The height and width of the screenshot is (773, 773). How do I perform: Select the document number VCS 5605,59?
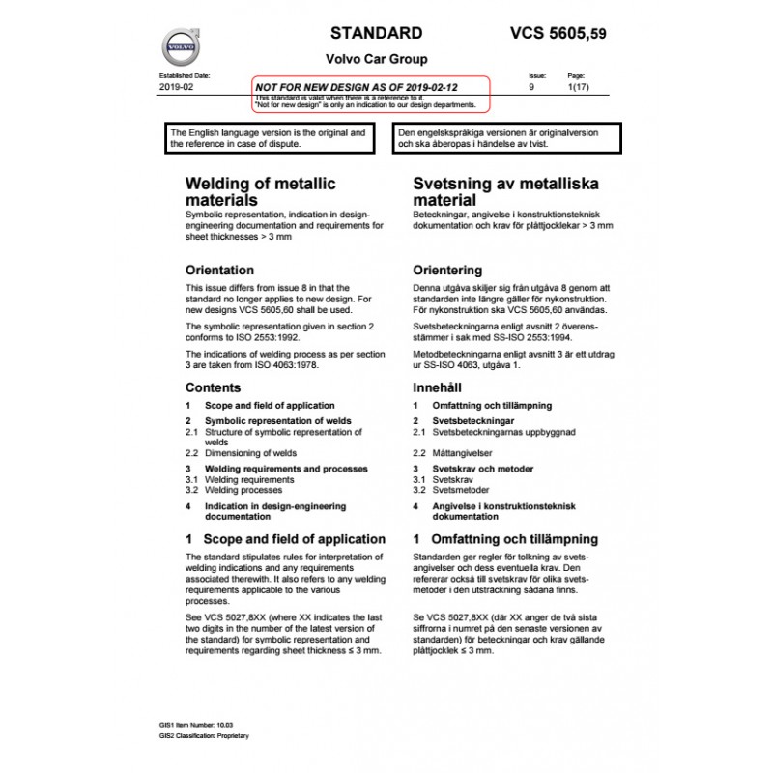pyautogui.click(x=558, y=33)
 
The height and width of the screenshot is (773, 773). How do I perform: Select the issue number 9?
pyautogui.click(x=530, y=87)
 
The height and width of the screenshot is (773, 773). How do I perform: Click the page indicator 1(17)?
pyautogui.click(x=577, y=87)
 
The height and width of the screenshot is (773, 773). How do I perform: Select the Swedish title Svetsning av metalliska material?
pyautogui.click(x=493, y=190)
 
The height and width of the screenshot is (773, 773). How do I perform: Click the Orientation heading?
pyautogui.click(x=219, y=270)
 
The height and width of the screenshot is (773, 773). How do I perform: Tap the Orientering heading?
pyautogui.click(x=447, y=270)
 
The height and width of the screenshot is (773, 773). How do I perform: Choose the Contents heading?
pyautogui.click(x=213, y=387)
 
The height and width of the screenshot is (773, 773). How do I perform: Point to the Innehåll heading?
pyautogui.click(x=440, y=387)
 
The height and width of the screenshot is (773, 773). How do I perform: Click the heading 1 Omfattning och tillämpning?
pyautogui.click(x=505, y=539)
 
